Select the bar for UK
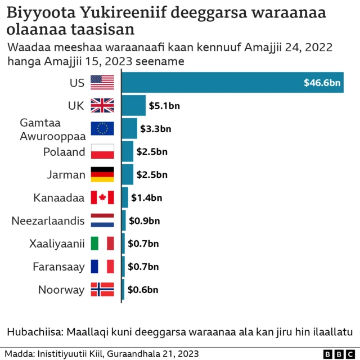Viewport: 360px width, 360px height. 134,105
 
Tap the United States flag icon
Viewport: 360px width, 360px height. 102,83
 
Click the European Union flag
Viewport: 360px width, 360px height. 102,129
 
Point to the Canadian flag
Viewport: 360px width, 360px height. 102,197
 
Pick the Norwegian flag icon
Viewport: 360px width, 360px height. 102,290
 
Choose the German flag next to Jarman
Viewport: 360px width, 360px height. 102,174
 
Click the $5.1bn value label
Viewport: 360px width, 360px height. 164,106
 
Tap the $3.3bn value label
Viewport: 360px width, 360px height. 156,129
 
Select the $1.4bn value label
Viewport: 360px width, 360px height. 147,197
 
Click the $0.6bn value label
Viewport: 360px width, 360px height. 143,290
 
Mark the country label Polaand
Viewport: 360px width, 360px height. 64,152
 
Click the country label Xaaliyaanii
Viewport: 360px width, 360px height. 57,244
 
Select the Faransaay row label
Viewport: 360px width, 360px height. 58,267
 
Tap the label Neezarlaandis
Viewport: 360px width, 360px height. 48,220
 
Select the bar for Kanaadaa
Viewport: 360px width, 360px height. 125,197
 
